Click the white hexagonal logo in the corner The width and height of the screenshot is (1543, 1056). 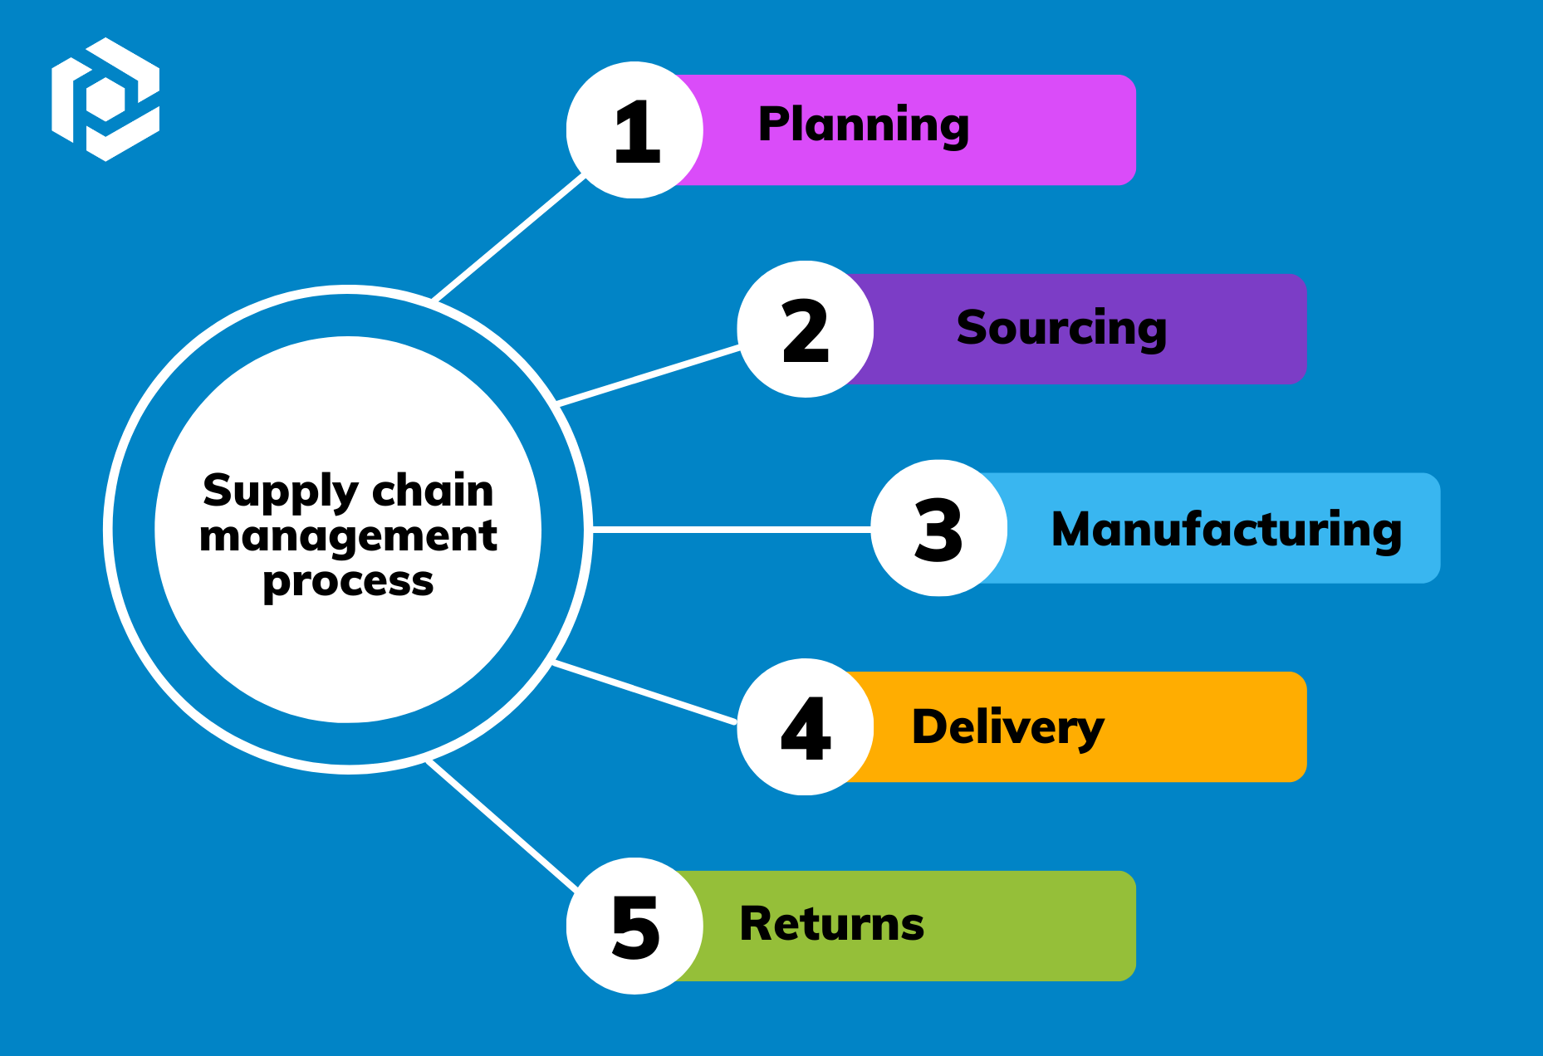tap(105, 100)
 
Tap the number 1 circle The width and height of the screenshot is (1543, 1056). tap(635, 130)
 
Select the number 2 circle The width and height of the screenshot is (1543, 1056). tap(805, 330)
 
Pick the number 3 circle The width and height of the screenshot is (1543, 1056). tap(938, 528)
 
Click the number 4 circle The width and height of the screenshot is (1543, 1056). tap(805, 727)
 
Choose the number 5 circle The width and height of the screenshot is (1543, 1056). tap(635, 926)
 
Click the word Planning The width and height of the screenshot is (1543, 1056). tap(864, 126)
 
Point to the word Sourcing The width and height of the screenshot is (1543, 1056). tap(1061, 328)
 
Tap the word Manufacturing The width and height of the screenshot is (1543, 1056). tap(1227, 530)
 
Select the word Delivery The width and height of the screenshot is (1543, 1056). tap(1008, 727)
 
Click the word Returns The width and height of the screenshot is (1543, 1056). tap(831, 924)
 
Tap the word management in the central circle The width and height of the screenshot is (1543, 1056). tap(348, 536)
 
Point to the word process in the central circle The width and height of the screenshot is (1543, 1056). tap(348, 582)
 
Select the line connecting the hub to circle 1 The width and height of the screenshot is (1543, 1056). tap(509, 238)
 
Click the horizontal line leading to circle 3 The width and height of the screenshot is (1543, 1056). tap(731, 528)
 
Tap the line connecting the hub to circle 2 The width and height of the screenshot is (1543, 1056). tap(649, 376)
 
